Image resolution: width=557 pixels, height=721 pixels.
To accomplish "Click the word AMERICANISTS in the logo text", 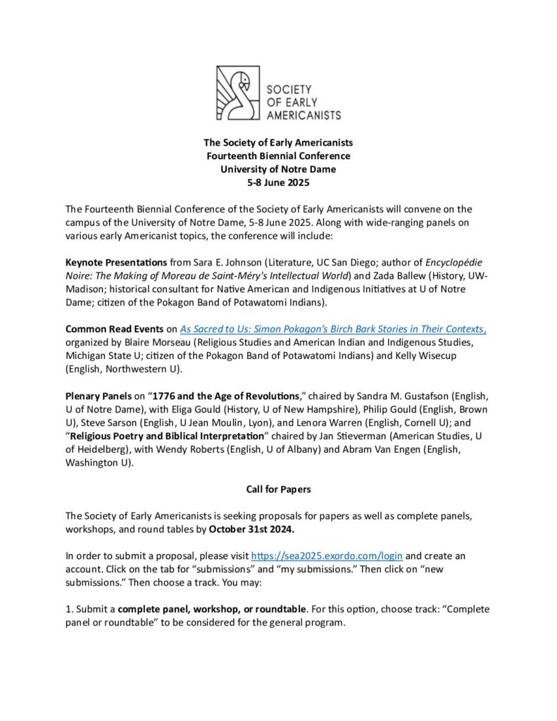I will [x=303, y=114].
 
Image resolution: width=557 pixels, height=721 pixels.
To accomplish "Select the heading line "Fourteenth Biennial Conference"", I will [x=278, y=156].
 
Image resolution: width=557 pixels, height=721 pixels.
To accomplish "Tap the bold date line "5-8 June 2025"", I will [x=278, y=182].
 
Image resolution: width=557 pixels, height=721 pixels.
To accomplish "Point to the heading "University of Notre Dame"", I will [x=278, y=169].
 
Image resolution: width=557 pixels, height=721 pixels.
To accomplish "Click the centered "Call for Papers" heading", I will [x=278, y=488].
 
